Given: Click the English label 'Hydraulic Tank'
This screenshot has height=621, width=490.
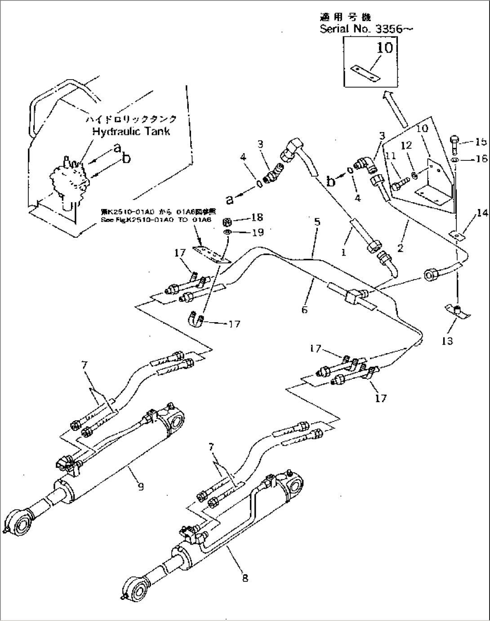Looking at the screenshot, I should (x=131, y=131).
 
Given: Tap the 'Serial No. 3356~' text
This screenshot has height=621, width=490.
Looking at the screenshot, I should (x=366, y=29).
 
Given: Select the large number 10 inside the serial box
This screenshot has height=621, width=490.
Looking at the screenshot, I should (x=384, y=47).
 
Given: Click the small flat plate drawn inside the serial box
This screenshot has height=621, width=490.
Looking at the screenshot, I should (x=365, y=72).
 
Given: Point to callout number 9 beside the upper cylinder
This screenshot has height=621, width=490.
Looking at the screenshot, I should (x=141, y=486).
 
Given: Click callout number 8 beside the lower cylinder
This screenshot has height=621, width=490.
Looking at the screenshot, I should (x=245, y=578).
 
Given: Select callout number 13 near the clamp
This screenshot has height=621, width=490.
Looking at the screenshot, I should (x=447, y=341).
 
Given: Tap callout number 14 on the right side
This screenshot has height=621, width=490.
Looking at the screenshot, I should (x=482, y=213).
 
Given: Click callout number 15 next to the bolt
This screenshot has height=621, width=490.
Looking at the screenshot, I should (x=481, y=142).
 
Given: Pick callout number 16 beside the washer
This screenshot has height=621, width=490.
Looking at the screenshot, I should (x=481, y=159).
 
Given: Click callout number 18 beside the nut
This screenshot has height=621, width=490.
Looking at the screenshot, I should (x=257, y=217).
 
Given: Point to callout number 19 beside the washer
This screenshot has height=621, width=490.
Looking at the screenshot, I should (x=257, y=232).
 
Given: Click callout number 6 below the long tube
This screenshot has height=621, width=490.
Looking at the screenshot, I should (x=304, y=310).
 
